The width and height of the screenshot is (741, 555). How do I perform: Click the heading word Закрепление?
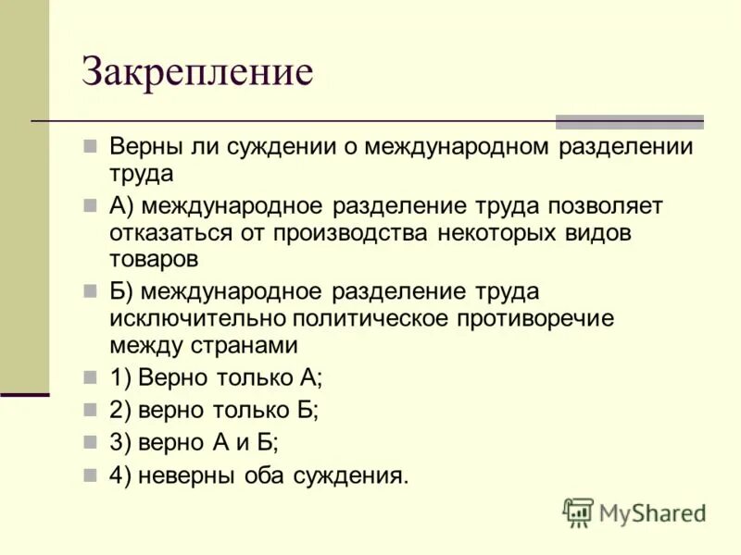[x=198, y=72]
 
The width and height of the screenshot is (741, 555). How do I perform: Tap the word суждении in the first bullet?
[x=284, y=147]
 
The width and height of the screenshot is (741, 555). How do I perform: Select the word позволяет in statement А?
[x=603, y=205]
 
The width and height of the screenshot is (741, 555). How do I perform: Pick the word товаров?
[x=154, y=259]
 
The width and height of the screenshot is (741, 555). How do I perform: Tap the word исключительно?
[x=196, y=318]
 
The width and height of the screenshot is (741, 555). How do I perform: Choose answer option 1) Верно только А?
[x=216, y=378]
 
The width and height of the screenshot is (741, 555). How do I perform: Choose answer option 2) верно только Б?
[x=215, y=411]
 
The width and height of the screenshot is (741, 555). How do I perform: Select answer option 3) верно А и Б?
[x=195, y=442]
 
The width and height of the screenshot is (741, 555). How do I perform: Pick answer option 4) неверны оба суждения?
[x=258, y=475]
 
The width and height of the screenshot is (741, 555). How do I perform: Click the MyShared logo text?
[x=653, y=512]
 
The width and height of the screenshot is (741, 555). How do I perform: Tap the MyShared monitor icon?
[x=578, y=513]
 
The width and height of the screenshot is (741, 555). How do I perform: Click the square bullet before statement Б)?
[x=91, y=290]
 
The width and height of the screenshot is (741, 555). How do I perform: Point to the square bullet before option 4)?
[x=91, y=475]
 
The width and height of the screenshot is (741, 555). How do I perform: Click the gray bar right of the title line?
[x=629, y=121]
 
